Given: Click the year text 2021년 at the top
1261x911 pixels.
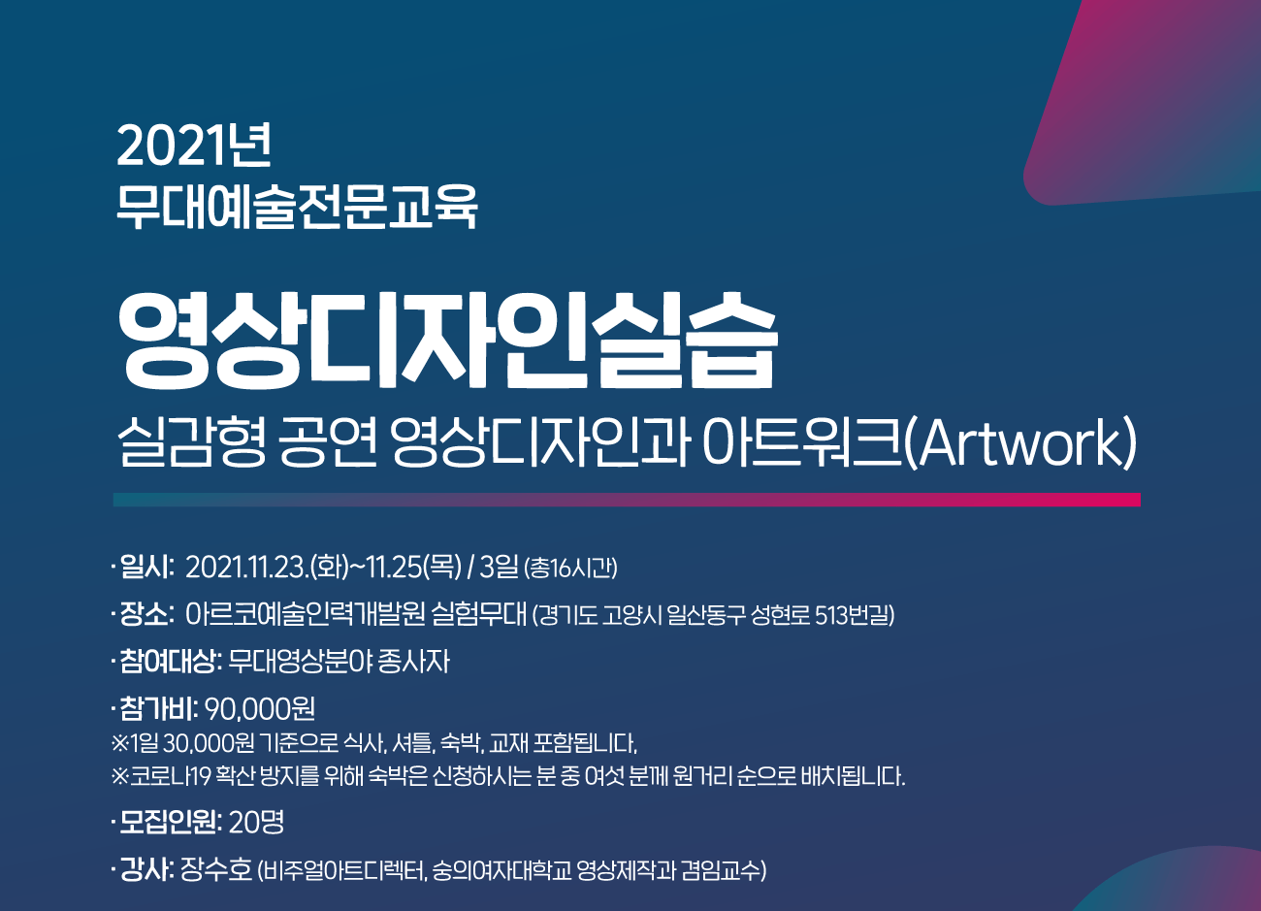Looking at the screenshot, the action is click(194, 146).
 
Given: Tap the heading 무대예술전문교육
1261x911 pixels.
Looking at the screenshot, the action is click(297, 207).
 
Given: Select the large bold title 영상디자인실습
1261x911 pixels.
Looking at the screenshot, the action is click(447, 341).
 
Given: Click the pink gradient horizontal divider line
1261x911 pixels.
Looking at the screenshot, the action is click(627, 500).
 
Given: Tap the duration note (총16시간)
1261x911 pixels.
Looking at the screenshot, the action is click(570, 568).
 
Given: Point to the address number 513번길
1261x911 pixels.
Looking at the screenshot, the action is click(853, 615).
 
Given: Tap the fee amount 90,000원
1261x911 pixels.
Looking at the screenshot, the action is click(260, 709).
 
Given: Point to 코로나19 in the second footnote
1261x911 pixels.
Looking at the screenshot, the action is click(171, 776).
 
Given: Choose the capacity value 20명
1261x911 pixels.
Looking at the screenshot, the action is click(257, 823).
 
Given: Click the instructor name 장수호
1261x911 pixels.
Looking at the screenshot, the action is click(215, 870).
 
